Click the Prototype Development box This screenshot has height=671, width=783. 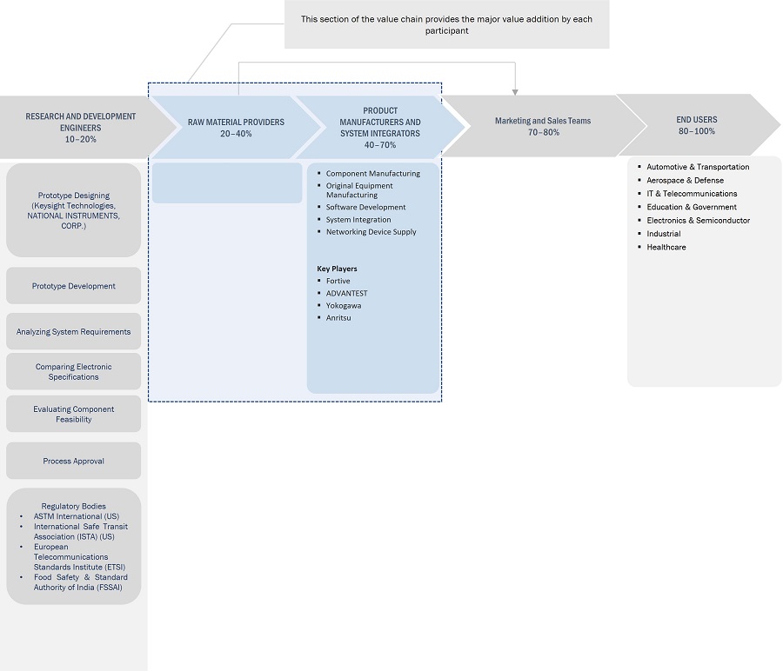[x=73, y=286]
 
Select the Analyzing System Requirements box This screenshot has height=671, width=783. [x=73, y=331]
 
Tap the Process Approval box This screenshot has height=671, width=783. [x=73, y=461]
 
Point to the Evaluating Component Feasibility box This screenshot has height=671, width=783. [x=73, y=414]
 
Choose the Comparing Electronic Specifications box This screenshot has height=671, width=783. [x=73, y=371]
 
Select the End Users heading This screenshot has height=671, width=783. [x=696, y=120]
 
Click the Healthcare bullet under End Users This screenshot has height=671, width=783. [x=666, y=247]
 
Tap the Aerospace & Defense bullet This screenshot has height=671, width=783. [x=685, y=180]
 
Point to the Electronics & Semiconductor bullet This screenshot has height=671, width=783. [x=698, y=220]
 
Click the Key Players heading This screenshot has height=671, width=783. [x=337, y=269]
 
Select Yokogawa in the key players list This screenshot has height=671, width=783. [x=344, y=305]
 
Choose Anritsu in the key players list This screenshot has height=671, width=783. [x=338, y=317]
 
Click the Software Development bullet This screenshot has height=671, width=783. [x=365, y=207]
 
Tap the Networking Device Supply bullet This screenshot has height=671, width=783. [x=371, y=231]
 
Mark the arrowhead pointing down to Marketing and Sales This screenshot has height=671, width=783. [x=515, y=90]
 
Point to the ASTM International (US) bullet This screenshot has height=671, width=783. [x=77, y=516]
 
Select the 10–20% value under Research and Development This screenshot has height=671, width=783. [x=80, y=139]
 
